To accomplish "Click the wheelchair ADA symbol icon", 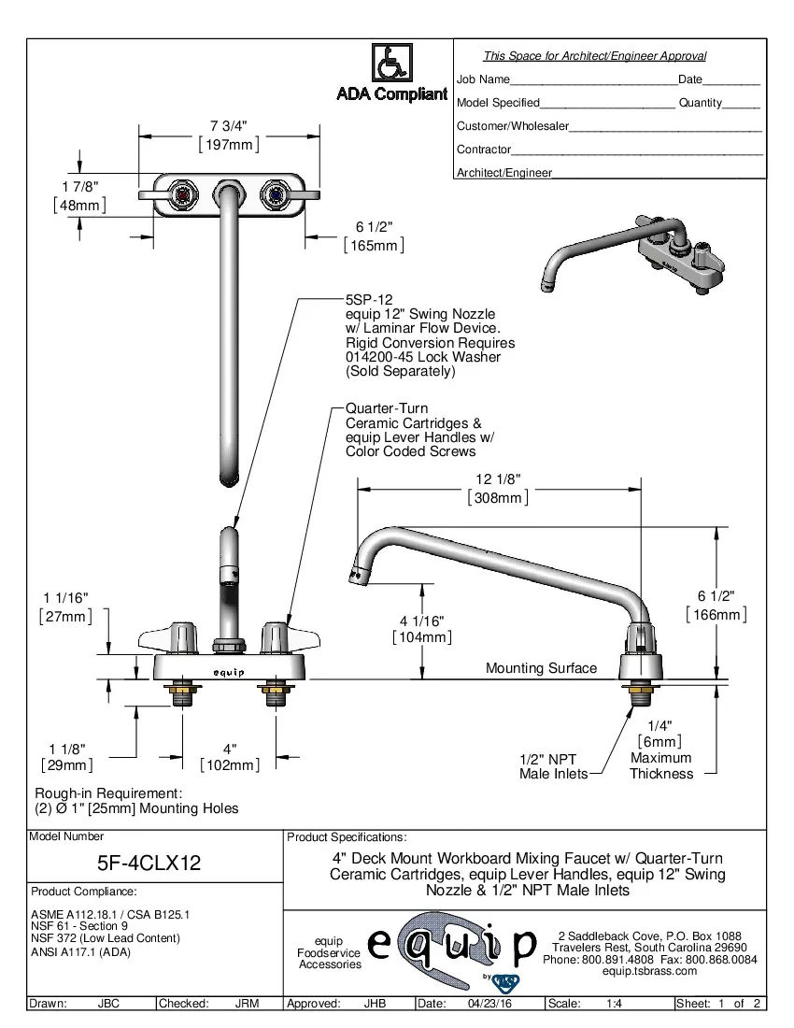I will point(391,64).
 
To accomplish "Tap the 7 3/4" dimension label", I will point(229,126).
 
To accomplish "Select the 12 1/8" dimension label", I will point(498,479).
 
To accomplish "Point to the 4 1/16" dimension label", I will point(421,621).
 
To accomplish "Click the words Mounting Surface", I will point(541,668).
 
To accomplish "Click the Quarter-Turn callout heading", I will point(387,408).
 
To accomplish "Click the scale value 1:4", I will point(615,1004).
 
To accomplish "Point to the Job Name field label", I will point(483,79).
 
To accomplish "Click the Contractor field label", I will point(484,150).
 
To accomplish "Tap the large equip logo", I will point(452,946).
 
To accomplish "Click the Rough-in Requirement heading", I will point(107,792).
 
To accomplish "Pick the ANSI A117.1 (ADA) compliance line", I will point(80,952).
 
